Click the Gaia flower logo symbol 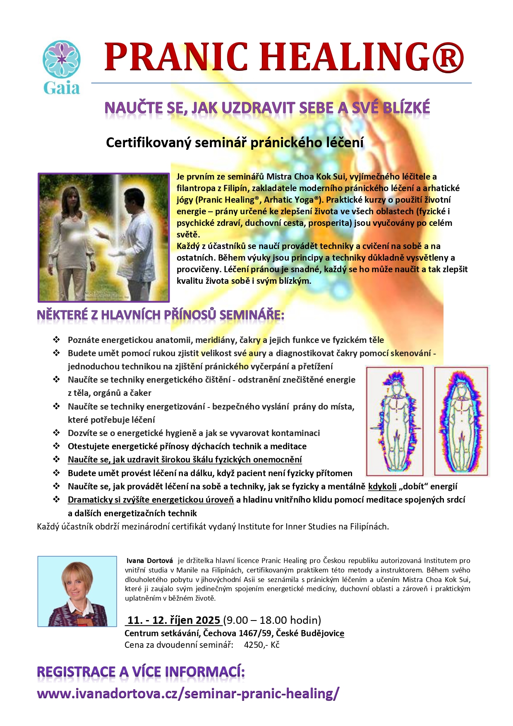[x=62, y=59]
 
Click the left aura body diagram [x=395, y=421]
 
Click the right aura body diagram [x=461, y=421]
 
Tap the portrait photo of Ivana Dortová [x=77, y=591]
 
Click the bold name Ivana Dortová [x=150, y=561]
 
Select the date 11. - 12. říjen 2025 [x=174, y=620]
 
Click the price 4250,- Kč [x=261, y=645]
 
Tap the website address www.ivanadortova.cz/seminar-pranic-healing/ [x=188, y=693]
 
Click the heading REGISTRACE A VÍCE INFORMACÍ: [x=141, y=672]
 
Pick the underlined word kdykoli [x=382, y=486]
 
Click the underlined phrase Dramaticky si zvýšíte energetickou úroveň [x=151, y=500]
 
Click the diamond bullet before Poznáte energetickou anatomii [x=56, y=340]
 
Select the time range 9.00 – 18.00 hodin [x=272, y=620]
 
